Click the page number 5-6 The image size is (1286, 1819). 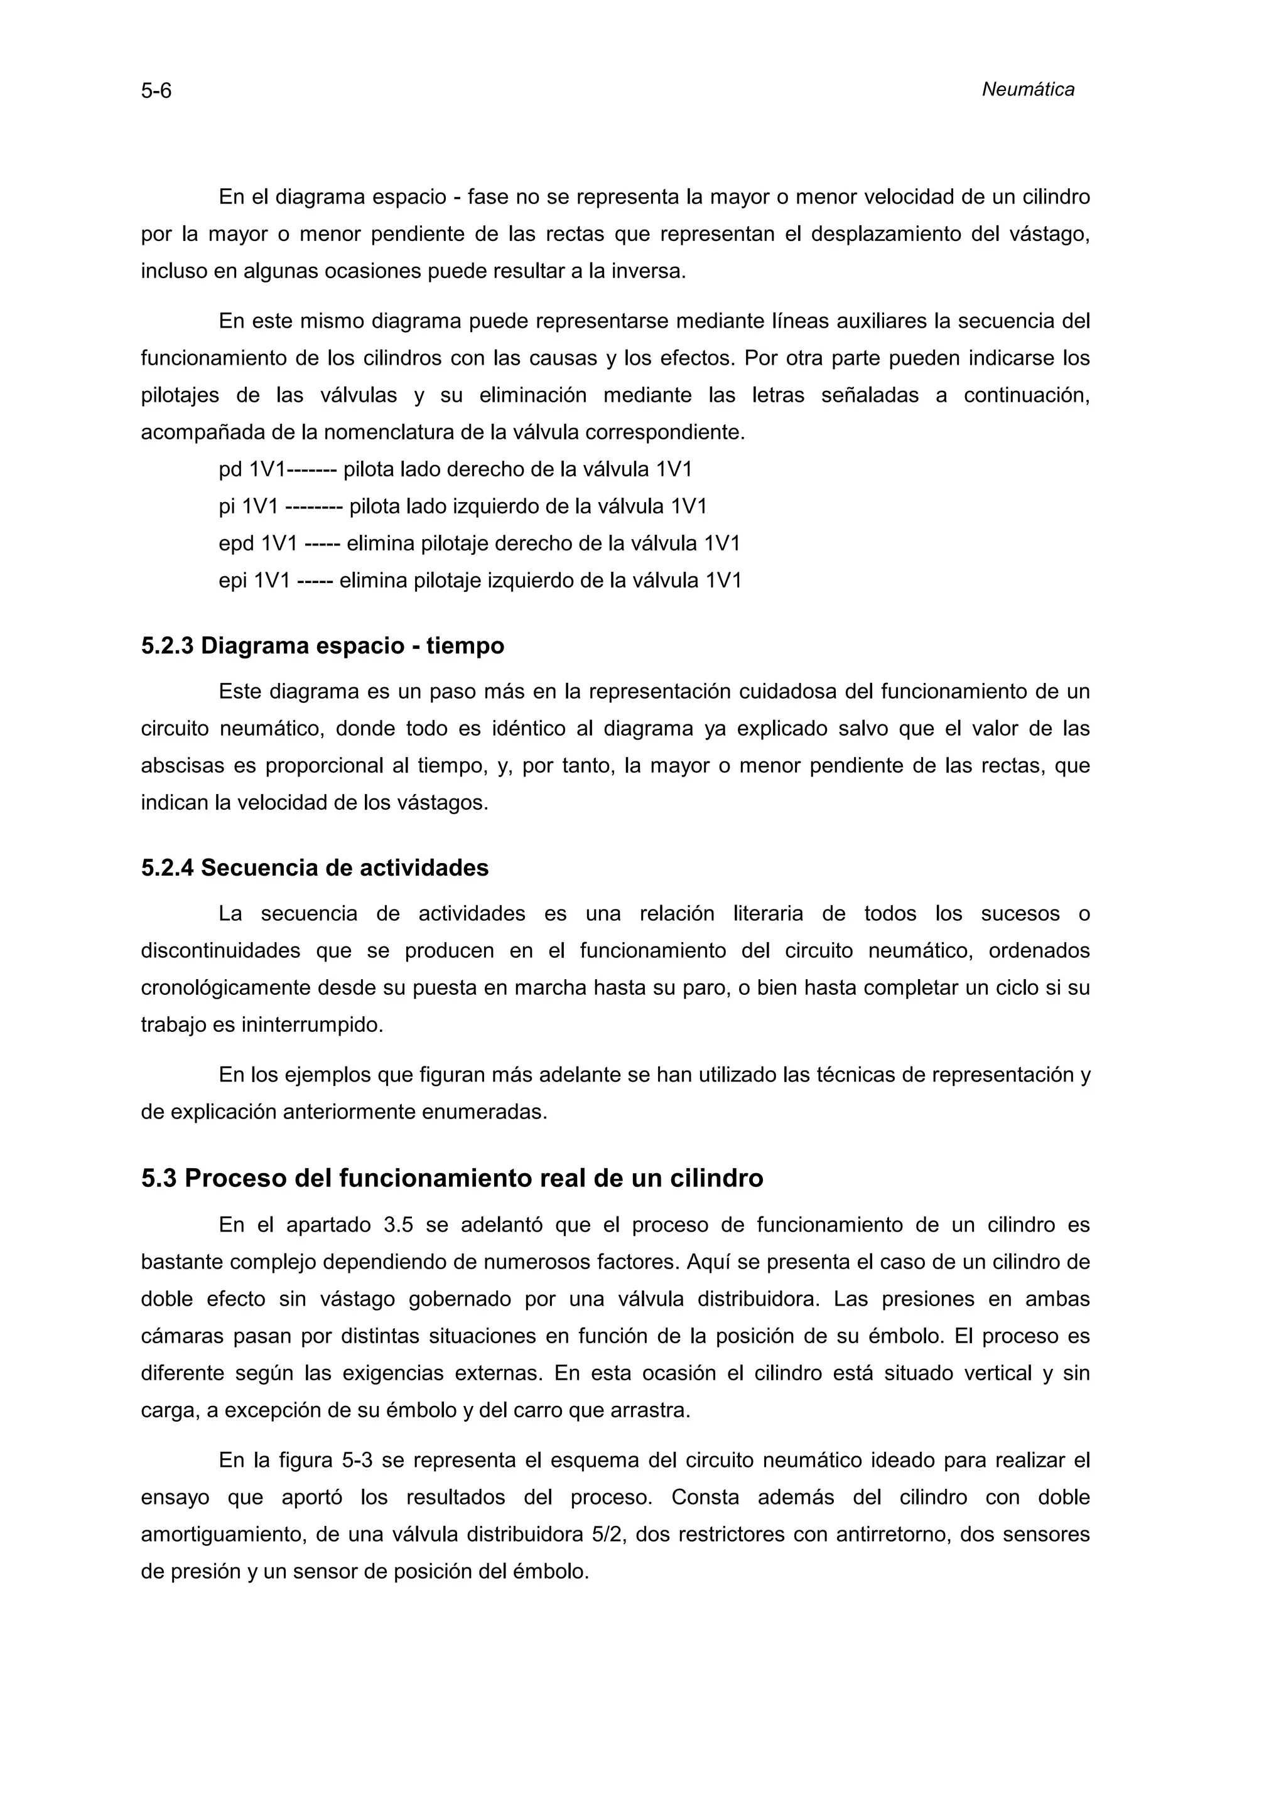point(156,91)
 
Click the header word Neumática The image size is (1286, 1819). point(1028,90)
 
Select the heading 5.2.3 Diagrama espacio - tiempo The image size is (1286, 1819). point(323,646)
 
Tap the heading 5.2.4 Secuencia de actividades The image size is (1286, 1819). point(315,867)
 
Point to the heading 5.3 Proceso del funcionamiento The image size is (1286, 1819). point(451,1178)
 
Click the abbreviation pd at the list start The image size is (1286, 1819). point(230,470)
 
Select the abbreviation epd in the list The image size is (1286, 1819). point(235,544)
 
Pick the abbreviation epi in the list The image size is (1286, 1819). point(233,581)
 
